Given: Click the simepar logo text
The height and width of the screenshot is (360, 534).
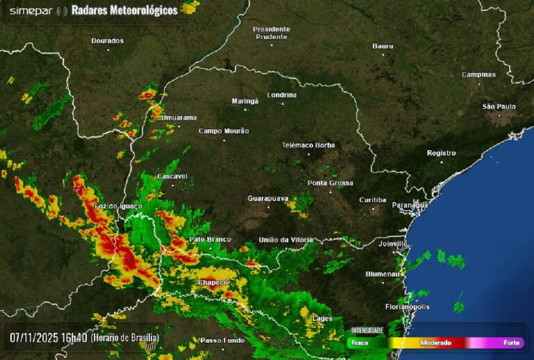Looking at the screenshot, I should click(x=30, y=10).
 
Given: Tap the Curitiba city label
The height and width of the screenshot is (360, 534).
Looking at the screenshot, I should click(x=373, y=200).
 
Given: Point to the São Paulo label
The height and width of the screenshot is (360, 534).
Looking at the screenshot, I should click(x=499, y=106).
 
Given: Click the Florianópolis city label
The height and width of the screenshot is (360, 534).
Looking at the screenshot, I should click(x=407, y=306).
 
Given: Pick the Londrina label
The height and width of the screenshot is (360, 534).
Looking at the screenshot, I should click(x=282, y=95).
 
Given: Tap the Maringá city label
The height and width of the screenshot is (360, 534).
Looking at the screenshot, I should click(x=245, y=101).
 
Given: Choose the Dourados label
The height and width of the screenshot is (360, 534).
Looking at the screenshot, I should click(x=107, y=40).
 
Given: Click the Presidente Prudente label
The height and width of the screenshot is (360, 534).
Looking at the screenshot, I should click(x=271, y=33).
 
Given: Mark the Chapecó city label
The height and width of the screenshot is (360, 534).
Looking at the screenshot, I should click(x=213, y=283).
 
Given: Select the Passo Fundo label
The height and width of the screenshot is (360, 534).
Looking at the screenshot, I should click(x=222, y=341).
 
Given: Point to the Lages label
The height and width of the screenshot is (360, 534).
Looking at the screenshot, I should click(x=323, y=318).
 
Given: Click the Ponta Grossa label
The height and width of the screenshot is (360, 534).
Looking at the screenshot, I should click(x=330, y=183).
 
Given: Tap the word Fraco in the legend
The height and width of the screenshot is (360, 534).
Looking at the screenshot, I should click(x=360, y=343).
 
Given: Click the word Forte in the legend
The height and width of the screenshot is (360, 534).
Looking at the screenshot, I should click(x=511, y=343).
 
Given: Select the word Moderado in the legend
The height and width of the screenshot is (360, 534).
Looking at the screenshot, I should click(x=436, y=343).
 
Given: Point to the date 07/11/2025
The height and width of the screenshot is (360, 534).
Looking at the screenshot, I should click(x=34, y=338).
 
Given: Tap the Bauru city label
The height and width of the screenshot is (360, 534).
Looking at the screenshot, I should click(x=382, y=46).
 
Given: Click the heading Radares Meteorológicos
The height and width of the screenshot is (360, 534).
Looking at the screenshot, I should click(x=124, y=10).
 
